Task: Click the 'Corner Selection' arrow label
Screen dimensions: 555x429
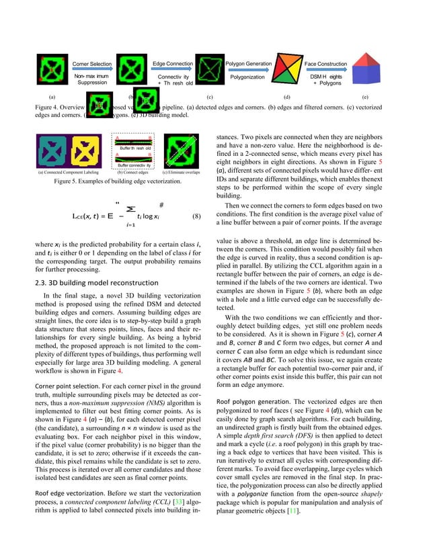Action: coord(91,63)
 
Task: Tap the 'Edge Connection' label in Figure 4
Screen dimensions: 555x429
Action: coord(173,63)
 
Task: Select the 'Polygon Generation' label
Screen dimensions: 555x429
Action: coord(248,63)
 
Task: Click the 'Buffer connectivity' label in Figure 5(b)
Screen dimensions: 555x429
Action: coord(134,165)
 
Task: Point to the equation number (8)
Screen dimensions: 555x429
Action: coord(196,217)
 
